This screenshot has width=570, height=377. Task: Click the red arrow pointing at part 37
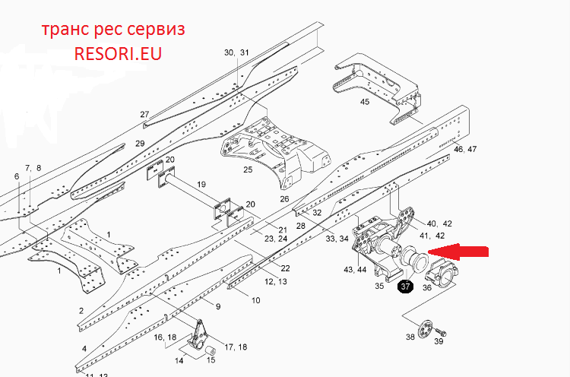coord(458,252)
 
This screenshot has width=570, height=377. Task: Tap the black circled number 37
coord(405,287)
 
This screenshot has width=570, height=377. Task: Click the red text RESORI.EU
coord(118,53)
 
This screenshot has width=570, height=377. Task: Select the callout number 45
coord(365,102)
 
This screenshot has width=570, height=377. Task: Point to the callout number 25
coord(248,169)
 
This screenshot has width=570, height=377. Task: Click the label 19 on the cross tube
coord(201,184)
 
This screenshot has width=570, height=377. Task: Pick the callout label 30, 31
coord(236,52)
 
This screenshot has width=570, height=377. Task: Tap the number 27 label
coord(144,114)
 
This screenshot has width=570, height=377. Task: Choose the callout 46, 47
coord(465,149)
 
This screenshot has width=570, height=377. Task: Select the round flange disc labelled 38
coord(426,328)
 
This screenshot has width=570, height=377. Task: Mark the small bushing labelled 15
coord(210,351)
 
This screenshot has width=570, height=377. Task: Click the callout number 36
coord(427,287)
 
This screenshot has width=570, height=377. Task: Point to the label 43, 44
coord(355,270)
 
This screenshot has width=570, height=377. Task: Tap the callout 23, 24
coord(276,239)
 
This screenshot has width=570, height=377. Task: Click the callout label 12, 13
coord(276,281)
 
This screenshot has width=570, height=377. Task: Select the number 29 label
coord(140,144)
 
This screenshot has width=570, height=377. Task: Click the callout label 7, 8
coord(33,168)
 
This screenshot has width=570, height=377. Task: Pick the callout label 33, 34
coord(337,239)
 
